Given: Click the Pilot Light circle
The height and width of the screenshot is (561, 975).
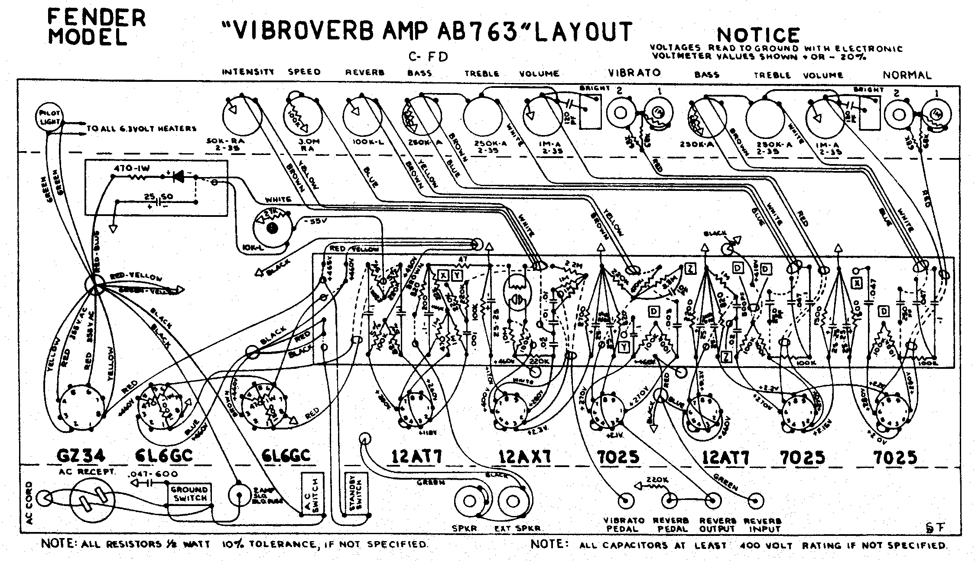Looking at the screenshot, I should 49,117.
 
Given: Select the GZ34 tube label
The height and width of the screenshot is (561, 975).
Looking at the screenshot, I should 81,456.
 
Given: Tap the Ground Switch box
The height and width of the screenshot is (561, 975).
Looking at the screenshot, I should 190,493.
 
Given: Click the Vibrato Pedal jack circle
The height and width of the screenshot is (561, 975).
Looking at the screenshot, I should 625,501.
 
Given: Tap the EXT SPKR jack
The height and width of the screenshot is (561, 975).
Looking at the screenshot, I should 513,501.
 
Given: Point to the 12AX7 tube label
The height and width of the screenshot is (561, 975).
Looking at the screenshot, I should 524,456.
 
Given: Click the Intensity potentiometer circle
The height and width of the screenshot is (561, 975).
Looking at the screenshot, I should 242,115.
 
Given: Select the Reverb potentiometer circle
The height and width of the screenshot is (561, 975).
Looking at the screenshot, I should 362,115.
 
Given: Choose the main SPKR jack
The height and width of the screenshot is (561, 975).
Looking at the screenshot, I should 470,501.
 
